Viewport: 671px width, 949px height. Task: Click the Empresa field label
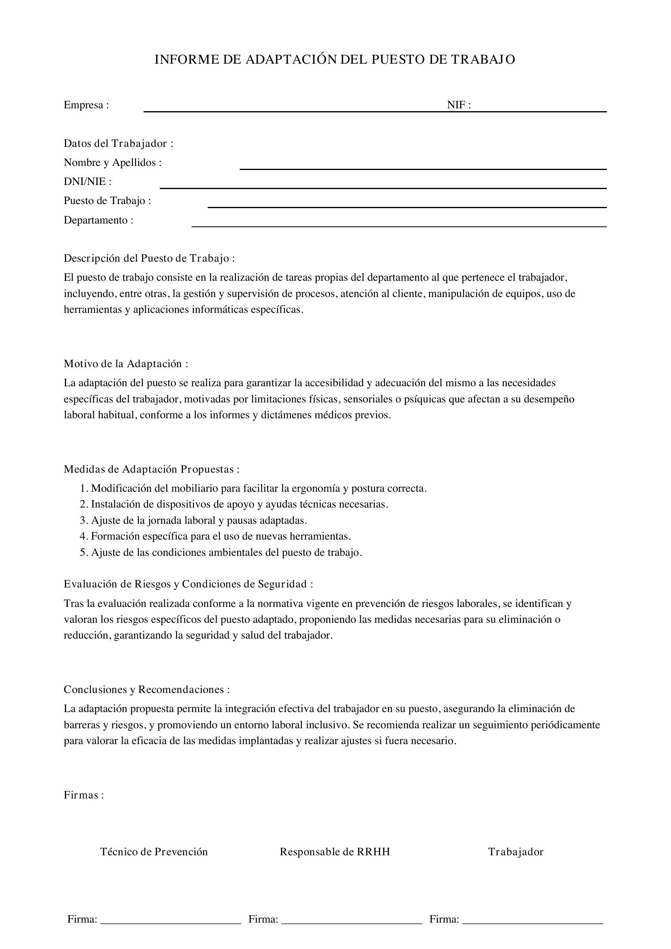tap(86, 105)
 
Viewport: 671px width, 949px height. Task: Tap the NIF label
tap(459, 105)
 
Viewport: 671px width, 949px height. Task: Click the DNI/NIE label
tap(87, 181)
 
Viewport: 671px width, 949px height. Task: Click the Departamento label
tap(98, 220)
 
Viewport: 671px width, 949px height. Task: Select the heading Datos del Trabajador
tap(118, 143)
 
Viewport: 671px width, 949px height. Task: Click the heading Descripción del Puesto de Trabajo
tap(149, 258)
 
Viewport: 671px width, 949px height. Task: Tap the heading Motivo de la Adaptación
tap(126, 364)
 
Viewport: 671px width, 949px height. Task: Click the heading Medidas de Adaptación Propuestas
tap(151, 469)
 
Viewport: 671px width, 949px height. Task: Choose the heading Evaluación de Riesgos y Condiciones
tap(188, 583)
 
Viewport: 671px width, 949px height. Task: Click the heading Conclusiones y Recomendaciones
tap(146, 689)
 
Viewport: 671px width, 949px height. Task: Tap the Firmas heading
tap(84, 795)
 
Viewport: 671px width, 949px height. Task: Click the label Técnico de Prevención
tap(154, 852)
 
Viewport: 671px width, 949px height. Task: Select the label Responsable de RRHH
tap(335, 852)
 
